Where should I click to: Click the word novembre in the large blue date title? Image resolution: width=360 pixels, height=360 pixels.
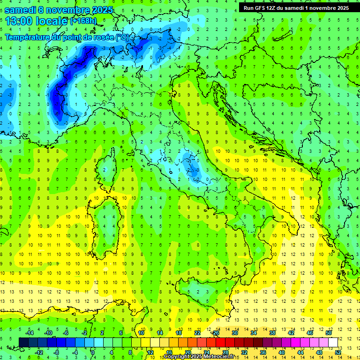pos(70,10)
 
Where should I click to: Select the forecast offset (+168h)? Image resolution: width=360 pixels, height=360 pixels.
pos(84,21)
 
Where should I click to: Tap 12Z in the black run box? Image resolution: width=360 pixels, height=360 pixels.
pos(275,7)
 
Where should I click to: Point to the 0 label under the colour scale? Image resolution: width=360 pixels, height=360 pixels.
pos(93,352)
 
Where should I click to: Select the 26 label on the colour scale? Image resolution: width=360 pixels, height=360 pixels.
pos(216,333)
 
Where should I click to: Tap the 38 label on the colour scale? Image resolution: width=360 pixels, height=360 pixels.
pos(272,333)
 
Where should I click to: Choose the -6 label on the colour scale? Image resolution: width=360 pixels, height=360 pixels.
pos(66,333)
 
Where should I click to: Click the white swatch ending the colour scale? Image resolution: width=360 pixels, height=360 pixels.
pos(333,342)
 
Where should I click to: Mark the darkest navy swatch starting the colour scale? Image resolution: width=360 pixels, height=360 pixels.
pos(23,342)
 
